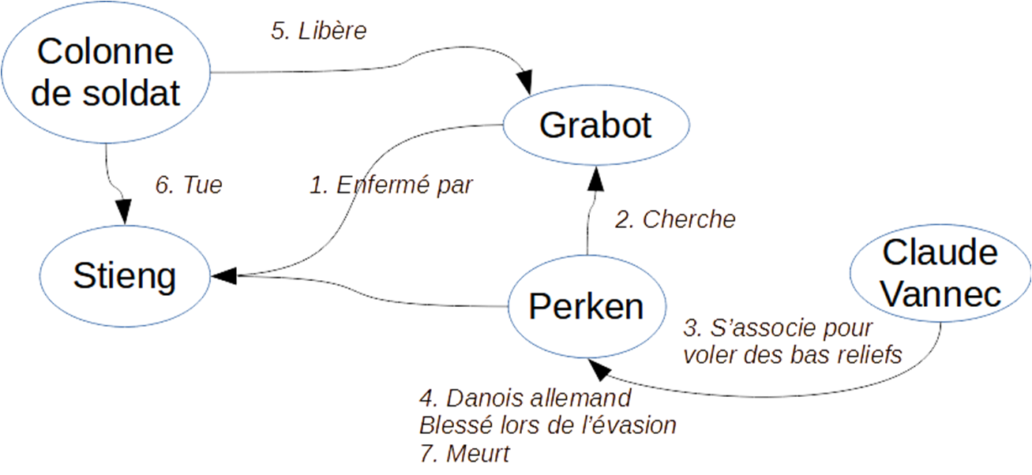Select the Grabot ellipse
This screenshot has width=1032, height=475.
pos(596,125)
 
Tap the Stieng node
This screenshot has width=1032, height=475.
pos(124,276)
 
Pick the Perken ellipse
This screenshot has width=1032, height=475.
pos(586,306)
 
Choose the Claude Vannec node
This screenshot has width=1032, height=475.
pos(940,275)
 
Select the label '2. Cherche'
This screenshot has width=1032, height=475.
pos(674,219)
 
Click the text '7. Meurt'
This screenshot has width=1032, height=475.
pos(464,454)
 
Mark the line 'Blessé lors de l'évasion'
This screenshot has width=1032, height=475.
pos(547,425)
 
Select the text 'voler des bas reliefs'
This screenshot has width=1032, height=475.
pos(790,354)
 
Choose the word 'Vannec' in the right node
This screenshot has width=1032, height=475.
pos(941,294)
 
